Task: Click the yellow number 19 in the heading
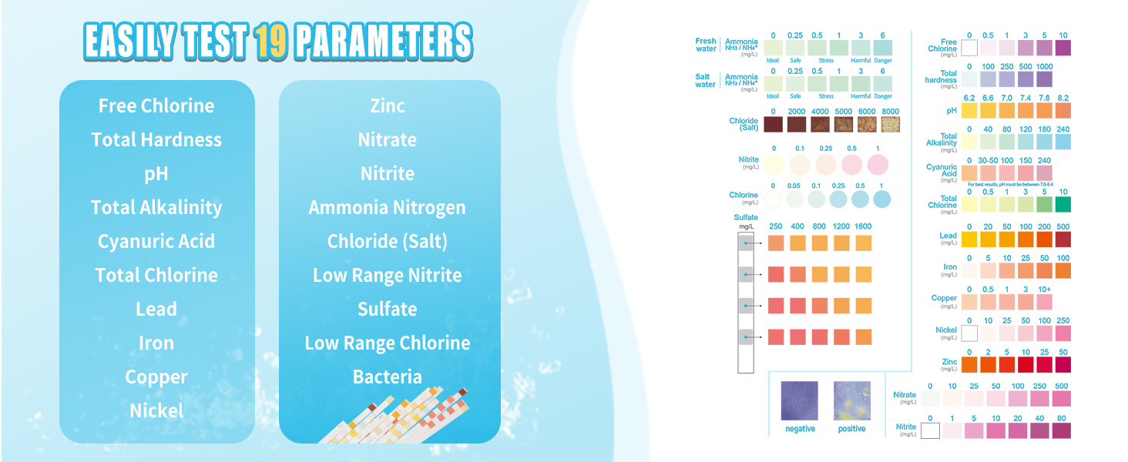[x=270, y=42]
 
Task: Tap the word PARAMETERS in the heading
[x=384, y=42]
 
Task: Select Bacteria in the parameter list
[x=388, y=377]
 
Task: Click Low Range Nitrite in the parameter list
[x=388, y=275]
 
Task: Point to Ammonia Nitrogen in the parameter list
[x=388, y=207]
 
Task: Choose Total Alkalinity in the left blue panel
[x=156, y=207]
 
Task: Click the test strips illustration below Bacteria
[x=408, y=416]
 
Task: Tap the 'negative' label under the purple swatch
[x=800, y=429]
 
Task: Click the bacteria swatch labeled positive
[x=852, y=400]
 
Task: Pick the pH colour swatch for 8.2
[x=1063, y=110]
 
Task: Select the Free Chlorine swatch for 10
[x=1063, y=48]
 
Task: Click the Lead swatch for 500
[x=1063, y=239]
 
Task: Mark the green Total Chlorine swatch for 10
[x=1063, y=204]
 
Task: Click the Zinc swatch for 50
[x=1063, y=364]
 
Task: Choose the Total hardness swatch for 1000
[x=1044, y=79]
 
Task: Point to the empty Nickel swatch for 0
[x=969, y=333]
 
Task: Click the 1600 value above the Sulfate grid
[x=863, y=226]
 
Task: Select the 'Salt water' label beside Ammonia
[x=705, y=81]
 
